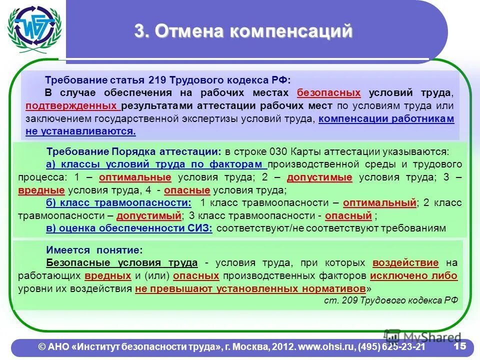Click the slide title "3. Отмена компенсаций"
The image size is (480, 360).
[x=243, y=31]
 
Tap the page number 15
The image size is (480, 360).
[x=459, y=346]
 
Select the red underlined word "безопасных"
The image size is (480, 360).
[x=328, y=93]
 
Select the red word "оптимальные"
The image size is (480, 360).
[x=135, y=177]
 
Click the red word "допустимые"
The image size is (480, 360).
[x=319, y=177]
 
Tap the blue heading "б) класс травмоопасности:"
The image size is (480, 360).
[x=118, y=203]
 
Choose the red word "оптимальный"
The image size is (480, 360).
[x=380, y=203]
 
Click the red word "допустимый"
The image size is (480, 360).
[x=148, y=216]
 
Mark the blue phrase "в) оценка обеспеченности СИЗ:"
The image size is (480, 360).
[x=129, y=228]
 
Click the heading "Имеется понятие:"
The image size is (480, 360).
[x=94, y=250]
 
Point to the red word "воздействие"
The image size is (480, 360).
[x=405, y=263]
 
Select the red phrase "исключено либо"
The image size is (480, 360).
[x=413, y=276]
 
